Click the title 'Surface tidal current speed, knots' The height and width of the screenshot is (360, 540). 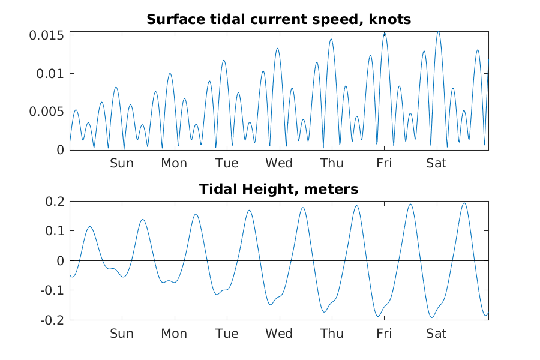click(279, 19)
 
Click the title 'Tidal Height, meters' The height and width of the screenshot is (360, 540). click(279, 190)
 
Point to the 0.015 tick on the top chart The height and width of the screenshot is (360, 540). click(47, 35)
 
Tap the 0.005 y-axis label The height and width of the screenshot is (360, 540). click(47, 112)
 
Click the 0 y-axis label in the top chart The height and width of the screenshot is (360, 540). click(59, 150)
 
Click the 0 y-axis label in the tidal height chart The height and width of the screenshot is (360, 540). click(59, 261)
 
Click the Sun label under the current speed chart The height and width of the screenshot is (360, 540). click(122, 163)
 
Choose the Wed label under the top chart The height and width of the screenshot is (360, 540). click(279, 163)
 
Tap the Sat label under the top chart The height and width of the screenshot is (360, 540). click(436, 163)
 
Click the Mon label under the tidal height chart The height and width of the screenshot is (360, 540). click(174, 334)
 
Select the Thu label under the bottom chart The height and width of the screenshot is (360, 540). click(331, 334)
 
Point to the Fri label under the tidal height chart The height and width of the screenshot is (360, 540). click(384, 334)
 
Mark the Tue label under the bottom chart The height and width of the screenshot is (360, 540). click(227, 334)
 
